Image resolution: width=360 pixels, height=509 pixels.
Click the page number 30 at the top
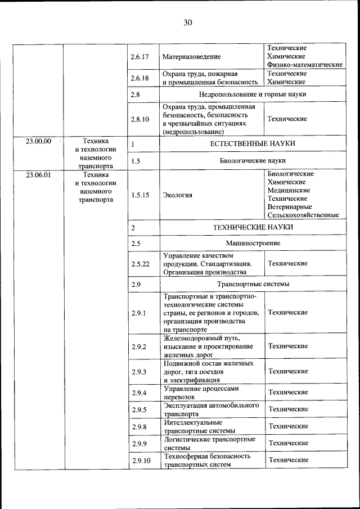tap(187, 22)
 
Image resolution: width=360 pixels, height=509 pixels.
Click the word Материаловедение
tap(191, 57)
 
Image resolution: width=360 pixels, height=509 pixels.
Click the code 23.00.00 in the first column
tap(38, 141)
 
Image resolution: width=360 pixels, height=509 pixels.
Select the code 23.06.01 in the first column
tap(38, 174)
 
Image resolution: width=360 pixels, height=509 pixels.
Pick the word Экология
tap(177, 195)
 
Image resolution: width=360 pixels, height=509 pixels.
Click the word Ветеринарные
tap(291, 206)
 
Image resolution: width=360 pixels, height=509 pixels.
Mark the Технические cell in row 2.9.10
tap(288, 460)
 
